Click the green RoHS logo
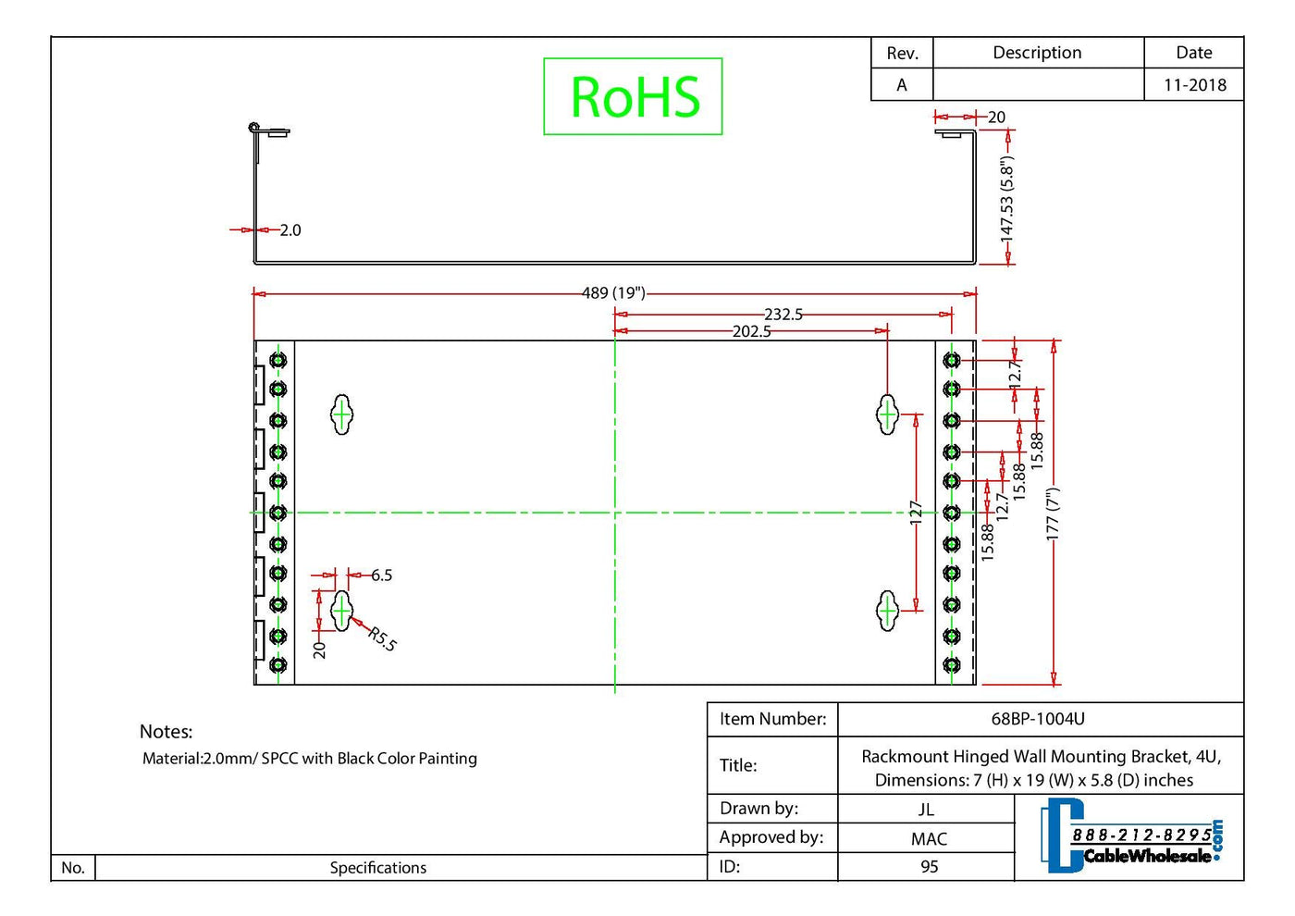tap(634, 96)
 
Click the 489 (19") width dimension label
tap(613, 293)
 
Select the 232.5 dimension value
tap(783, 315)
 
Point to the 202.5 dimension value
tap(751, 331)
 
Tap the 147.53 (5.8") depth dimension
tap(1007, 200)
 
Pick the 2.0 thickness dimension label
tap(290, 230)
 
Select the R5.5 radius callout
tap(382, 638)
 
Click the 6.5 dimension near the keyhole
tap(382, 576)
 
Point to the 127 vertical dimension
tap(916, 513)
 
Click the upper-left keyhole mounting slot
tap(342, 415)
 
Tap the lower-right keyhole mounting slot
tap(887, 611)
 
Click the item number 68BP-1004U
tap(1038, 719)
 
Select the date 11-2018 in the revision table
tap(1194, 85)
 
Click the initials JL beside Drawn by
tap(926, 810)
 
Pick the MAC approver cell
tap(929, 839)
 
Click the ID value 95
tap(929, 867)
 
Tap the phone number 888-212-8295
tap(1141, 836)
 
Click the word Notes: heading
tap(166, 732)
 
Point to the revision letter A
tap(902, 85)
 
